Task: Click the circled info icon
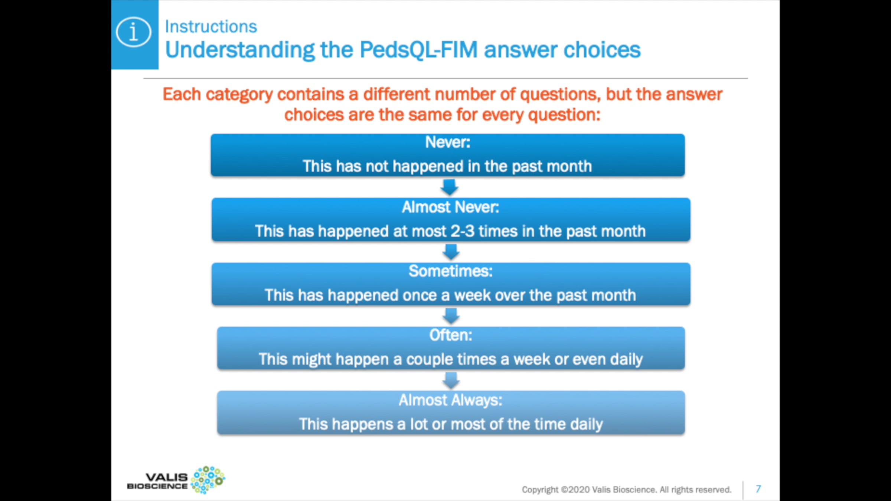[x=133, y=32]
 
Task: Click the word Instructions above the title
[x=211, y=27]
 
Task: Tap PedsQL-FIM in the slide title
[x=418, y=50]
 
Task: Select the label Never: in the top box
[x=448, y=142]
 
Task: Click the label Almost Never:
[x=450, y=207]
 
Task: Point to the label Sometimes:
[x=451, y=271]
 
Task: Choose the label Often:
[x=451, y=335]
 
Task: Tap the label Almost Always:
[x=451, y=400]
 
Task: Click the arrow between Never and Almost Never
[x=449, y=187]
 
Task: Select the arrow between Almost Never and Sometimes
[x=451, y=252]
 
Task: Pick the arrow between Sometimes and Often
[x=451, y=316]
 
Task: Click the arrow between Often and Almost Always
[x=451, y=380]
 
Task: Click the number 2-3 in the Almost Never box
[x=463, y=231]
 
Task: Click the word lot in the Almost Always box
[x=419, y=424]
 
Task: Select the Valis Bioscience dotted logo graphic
[x=208, y=480]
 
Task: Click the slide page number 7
[x=758, y=489]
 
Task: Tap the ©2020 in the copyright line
[x=575, y=490]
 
